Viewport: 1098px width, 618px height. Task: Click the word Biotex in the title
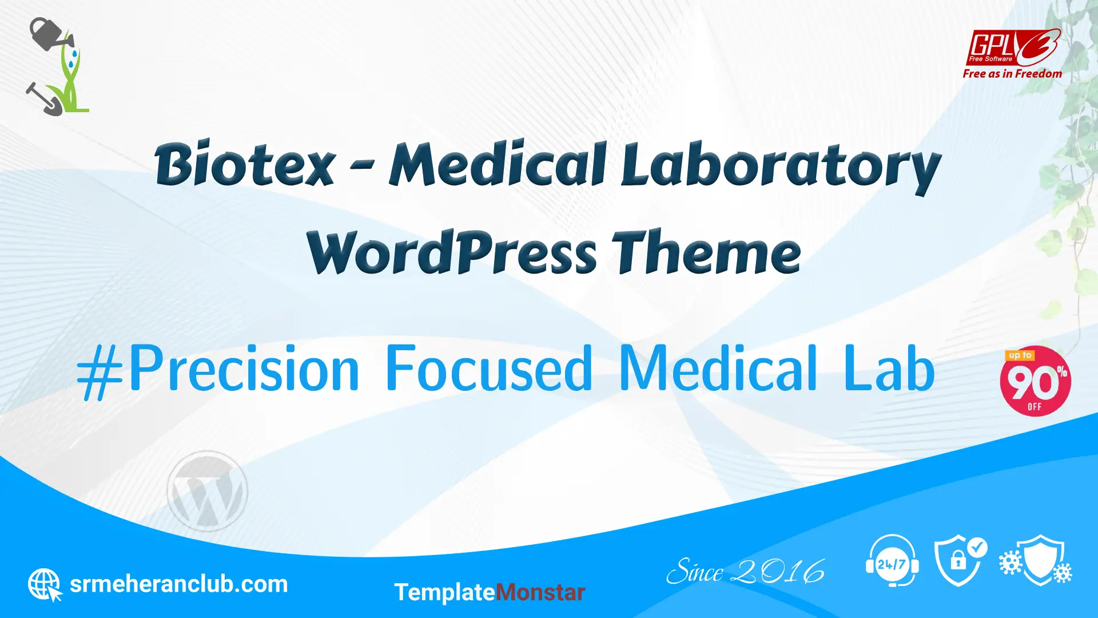(245, 164)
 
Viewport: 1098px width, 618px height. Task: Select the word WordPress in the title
(452, 252)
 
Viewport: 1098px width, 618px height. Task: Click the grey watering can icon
(50, 34)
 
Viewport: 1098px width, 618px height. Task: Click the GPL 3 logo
(1013, 47)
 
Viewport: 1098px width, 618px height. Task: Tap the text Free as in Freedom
(1012, 74)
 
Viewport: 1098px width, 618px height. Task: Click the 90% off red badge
(1035, 381)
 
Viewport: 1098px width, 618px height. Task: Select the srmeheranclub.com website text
(178, 584)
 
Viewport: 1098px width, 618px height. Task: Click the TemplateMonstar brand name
(490, 592)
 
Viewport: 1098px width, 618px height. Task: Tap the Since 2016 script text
(745, 572)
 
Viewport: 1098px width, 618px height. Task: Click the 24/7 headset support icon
(892, 561)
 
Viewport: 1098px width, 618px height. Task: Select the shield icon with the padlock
(960, 561)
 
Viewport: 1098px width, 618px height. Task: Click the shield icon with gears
(1036, 560)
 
